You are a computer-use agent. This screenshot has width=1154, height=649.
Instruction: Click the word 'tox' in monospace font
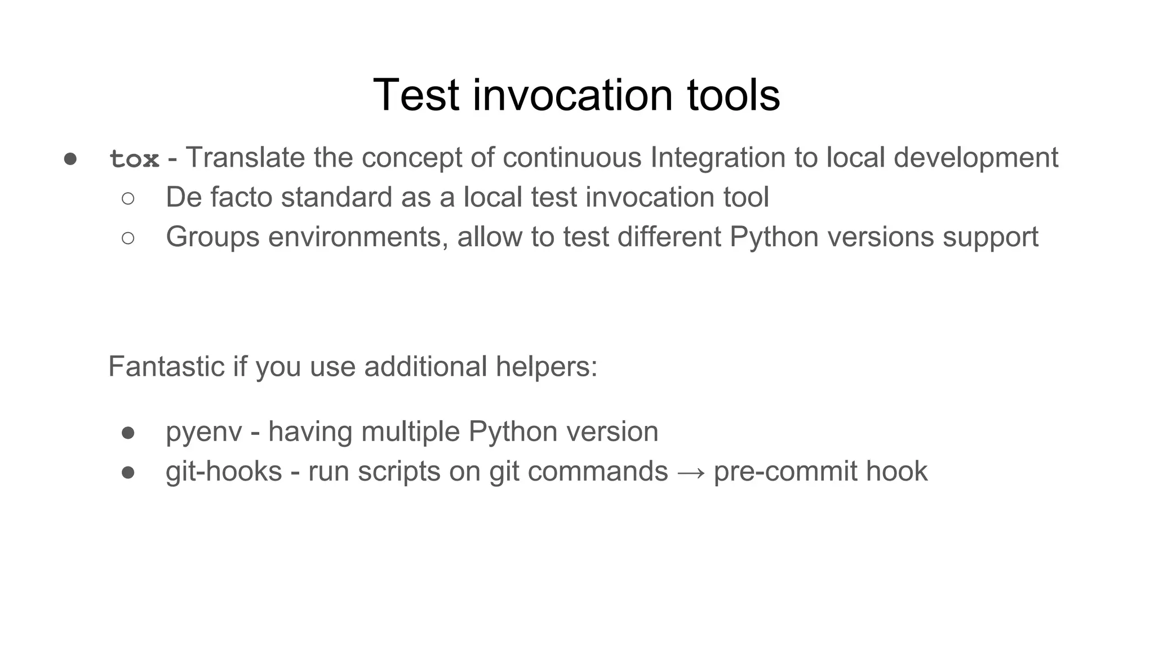click(x=134, y=159)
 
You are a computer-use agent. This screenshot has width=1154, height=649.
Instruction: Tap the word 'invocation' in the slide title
click(x=572, y=95)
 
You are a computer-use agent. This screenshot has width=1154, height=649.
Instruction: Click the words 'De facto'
click(x=219, y=198)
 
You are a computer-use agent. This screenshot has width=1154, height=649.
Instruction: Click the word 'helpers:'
click(x=546, y=367)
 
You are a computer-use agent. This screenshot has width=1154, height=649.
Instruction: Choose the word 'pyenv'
click(x=203, y=433)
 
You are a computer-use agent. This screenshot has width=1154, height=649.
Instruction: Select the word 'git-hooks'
click(x=224, y=472)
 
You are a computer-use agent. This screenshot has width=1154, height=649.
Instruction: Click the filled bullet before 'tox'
click(x=70, y=159)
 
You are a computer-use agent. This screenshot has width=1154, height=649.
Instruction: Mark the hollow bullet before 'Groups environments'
click(x=128, y=238)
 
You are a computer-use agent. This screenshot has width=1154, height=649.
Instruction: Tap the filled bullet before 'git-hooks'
click(x=128, y=472)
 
